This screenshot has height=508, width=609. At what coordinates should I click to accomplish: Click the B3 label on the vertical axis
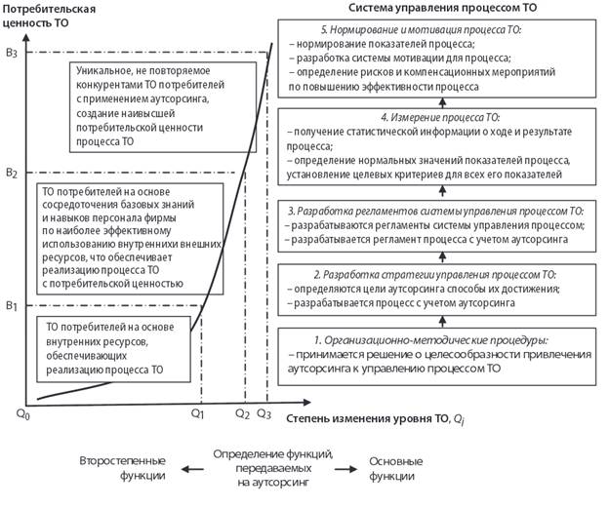pyautogui.click(x=12, y=53)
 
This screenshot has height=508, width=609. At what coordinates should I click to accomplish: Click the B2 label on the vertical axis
pyautogui.click(x=12, y=173)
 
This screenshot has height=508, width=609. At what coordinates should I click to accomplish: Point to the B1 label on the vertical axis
pyautogui.click(x=12, y=306)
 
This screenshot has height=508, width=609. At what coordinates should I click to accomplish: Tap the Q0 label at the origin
pyautogui.click(x=22, y=414)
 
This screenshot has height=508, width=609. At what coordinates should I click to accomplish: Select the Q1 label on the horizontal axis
pyautogui.click(x=197, y=413)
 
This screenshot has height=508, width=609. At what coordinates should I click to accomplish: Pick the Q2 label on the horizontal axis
pyautogui.click(x=242, y=413)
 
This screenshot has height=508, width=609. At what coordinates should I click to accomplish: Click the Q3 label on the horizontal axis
pyautogui.click(x=264, y=413)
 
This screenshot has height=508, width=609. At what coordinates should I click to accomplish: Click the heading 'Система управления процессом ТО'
pyautogui.click(x=442, y=8)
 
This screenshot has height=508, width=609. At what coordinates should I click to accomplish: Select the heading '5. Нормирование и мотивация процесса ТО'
pyautogui.click(x=421, y=30)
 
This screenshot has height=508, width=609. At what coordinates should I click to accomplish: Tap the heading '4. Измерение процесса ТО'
pyautogui.click(x=440, y=117)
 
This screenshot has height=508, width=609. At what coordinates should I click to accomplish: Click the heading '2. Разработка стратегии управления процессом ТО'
pyautogui.click(x=435, y=275)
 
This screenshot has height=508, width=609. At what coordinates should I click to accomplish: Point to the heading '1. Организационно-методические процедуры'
pyautogui.click(x=431, y=340)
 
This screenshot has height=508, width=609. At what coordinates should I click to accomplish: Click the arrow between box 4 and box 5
pyautogui.click(x=442, y=102)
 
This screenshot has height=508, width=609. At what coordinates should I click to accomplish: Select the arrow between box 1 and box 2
pyautogui.click(x=442, y=322)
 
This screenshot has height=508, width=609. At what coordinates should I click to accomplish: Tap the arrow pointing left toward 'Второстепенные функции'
pyautogui.click(x=192, y=469)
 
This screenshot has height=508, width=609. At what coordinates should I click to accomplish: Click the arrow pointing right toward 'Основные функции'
pyautogui.click(x=346, y=469)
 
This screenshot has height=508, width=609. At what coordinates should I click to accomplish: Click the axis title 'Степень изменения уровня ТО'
pyautogui.click(x=367, y=418)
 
